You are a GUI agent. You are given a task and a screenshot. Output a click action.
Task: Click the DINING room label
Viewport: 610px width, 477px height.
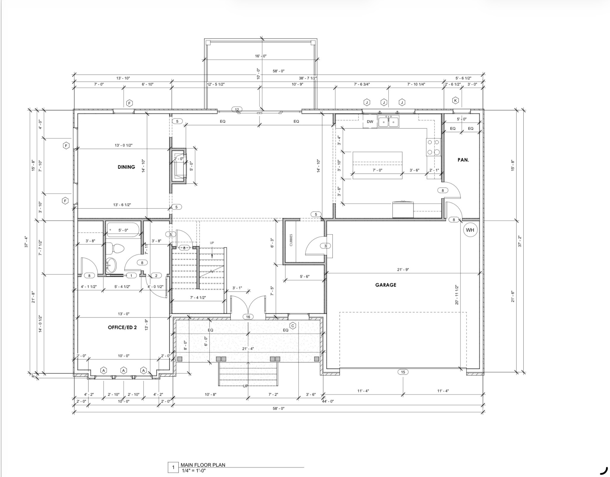pos(126,167)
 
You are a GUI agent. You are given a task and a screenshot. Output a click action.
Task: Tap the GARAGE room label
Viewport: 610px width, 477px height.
pos(386,285)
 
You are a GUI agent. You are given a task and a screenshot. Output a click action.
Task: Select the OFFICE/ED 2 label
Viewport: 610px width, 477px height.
pos(122,327)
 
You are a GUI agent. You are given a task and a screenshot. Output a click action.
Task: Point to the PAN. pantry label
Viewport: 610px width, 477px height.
pos(463,160)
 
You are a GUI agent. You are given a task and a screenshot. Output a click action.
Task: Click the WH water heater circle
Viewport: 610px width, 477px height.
pos(470,230)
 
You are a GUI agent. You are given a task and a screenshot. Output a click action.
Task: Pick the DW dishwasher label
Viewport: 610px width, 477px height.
pos(370,122)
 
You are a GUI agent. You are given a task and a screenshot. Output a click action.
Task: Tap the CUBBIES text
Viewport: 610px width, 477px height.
pos(291,240)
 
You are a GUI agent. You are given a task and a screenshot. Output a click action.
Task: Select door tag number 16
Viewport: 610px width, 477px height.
pos(248,317)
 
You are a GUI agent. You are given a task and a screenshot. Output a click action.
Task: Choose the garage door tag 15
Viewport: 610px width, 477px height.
pos(403,372)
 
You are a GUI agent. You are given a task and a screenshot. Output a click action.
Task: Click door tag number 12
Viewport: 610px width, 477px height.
pos(237,109)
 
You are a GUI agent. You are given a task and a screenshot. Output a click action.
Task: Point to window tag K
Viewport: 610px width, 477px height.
pos(455,100)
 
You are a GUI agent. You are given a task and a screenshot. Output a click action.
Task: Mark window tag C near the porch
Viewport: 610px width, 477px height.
pos(293,326)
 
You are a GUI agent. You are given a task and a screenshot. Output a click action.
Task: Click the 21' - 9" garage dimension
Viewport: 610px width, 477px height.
pos(403,270)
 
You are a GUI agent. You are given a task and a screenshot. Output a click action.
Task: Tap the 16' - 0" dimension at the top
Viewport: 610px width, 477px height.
pos(261,56)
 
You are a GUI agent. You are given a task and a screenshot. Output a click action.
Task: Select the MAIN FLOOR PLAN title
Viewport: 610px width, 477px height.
pos(203,465)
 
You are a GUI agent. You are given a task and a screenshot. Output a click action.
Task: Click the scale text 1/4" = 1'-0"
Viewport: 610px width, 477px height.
pos(194,471)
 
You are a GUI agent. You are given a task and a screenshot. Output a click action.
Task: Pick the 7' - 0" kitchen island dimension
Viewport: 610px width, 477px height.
pos(377,170)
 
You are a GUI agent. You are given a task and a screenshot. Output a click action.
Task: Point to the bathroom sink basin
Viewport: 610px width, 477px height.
pos(111,265)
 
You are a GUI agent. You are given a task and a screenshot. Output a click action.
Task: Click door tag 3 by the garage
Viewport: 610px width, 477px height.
pos(325,246)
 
